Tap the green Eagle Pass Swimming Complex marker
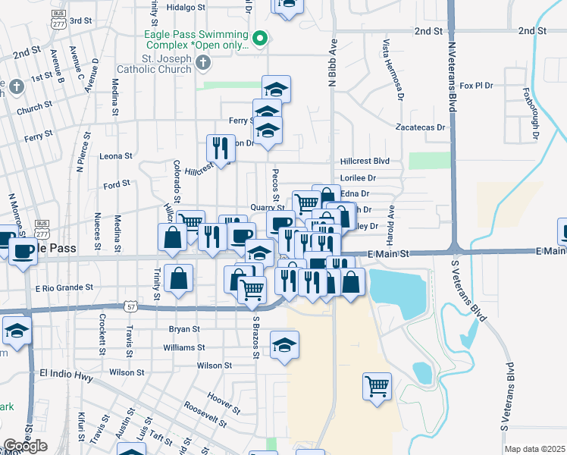click(261, 36)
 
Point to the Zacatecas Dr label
click(421, 127)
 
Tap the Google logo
click(25, 446)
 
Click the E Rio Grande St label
click(64, 288)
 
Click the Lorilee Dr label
click(358, 178)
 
